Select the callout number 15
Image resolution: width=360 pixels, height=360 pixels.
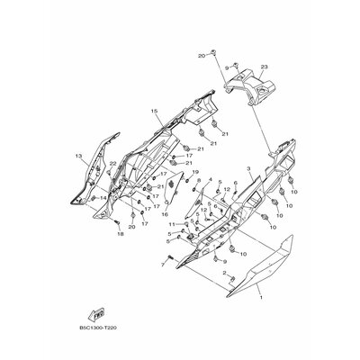click(155, 112)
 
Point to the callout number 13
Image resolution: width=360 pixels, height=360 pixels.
click(78, 155)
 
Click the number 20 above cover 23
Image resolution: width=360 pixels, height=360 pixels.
click(200, 56)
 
